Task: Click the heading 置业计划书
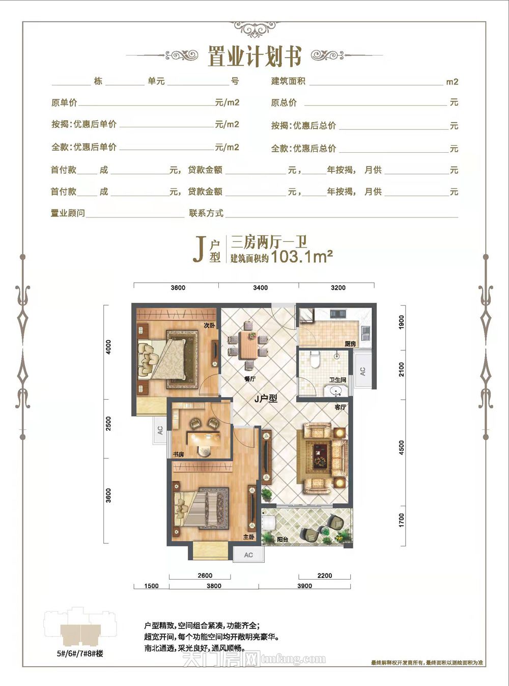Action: click(254, 57)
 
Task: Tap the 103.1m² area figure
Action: click(302, 257)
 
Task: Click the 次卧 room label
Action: click(209, 325)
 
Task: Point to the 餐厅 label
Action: click(249, 379)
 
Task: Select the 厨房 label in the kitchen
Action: click(350, 344)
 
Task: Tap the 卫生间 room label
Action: click(337, 380)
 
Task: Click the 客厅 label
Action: click(340, 407)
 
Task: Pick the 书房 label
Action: click(178, 454)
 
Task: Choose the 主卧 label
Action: click(248, 537)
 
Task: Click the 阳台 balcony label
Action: click(282, 539)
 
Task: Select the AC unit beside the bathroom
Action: click(362, 372)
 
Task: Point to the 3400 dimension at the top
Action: click(260, 288)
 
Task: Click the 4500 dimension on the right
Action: click(402, 448)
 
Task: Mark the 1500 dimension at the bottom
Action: click(151, 586)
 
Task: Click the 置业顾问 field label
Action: click(68, 213)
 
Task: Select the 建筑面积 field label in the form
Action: click(288, 81)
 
